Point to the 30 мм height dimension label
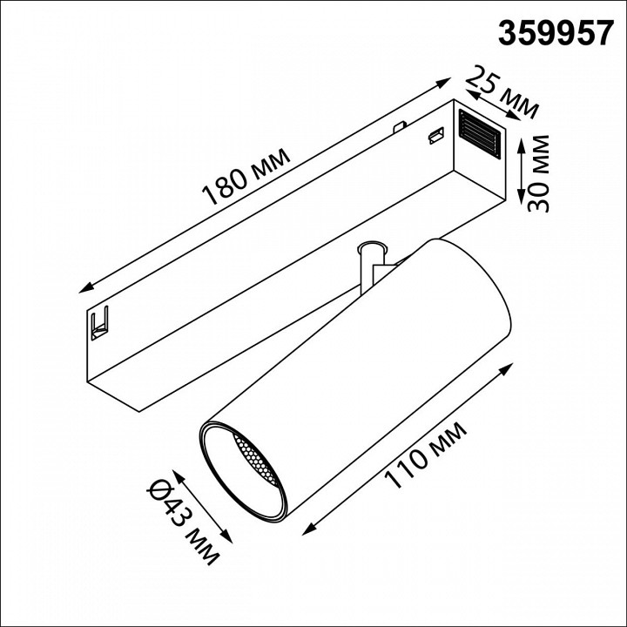(539, 174)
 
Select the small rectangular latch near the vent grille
(433, 135)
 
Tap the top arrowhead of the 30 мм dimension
(519, 141)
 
